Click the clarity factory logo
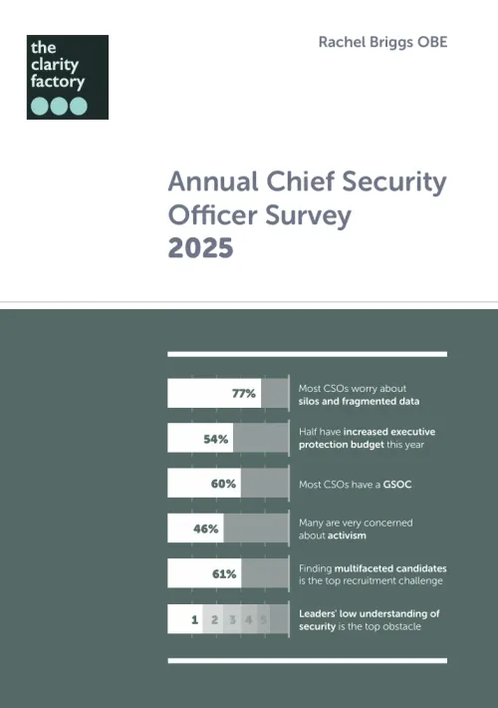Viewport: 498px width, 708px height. (67, 77)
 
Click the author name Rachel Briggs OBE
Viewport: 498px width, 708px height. (382, 41)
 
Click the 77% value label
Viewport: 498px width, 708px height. (244, 393)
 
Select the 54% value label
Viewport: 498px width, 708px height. (216, 439)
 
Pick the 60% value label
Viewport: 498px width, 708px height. (223, 484)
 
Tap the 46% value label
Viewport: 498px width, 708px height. (206, 529)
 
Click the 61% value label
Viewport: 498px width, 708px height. (223, 573)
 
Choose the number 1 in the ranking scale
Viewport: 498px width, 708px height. (195, 619)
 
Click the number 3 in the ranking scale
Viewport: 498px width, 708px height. (232, 619)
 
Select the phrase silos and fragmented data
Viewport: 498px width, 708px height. (359, 401)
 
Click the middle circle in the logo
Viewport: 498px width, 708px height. (59, 106)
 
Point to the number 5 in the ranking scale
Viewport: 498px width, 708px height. (264, 619)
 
